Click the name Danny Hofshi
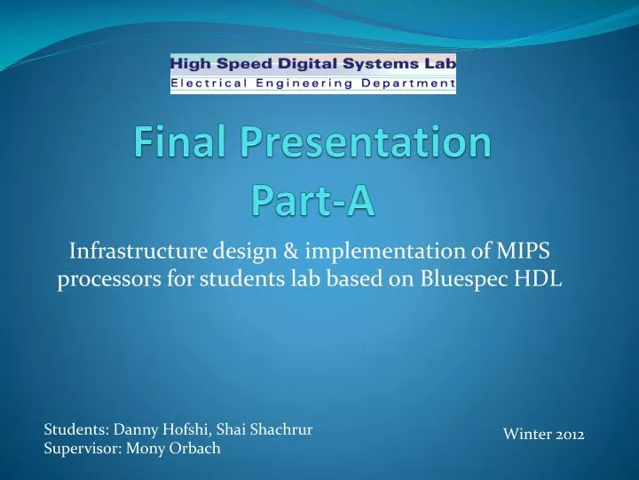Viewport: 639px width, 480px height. tap(146, 430)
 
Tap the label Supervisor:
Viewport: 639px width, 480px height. tap(77, 449)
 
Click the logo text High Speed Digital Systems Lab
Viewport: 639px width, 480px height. tap(312, 64)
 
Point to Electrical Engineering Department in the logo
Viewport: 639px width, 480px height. tap(312, 84)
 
